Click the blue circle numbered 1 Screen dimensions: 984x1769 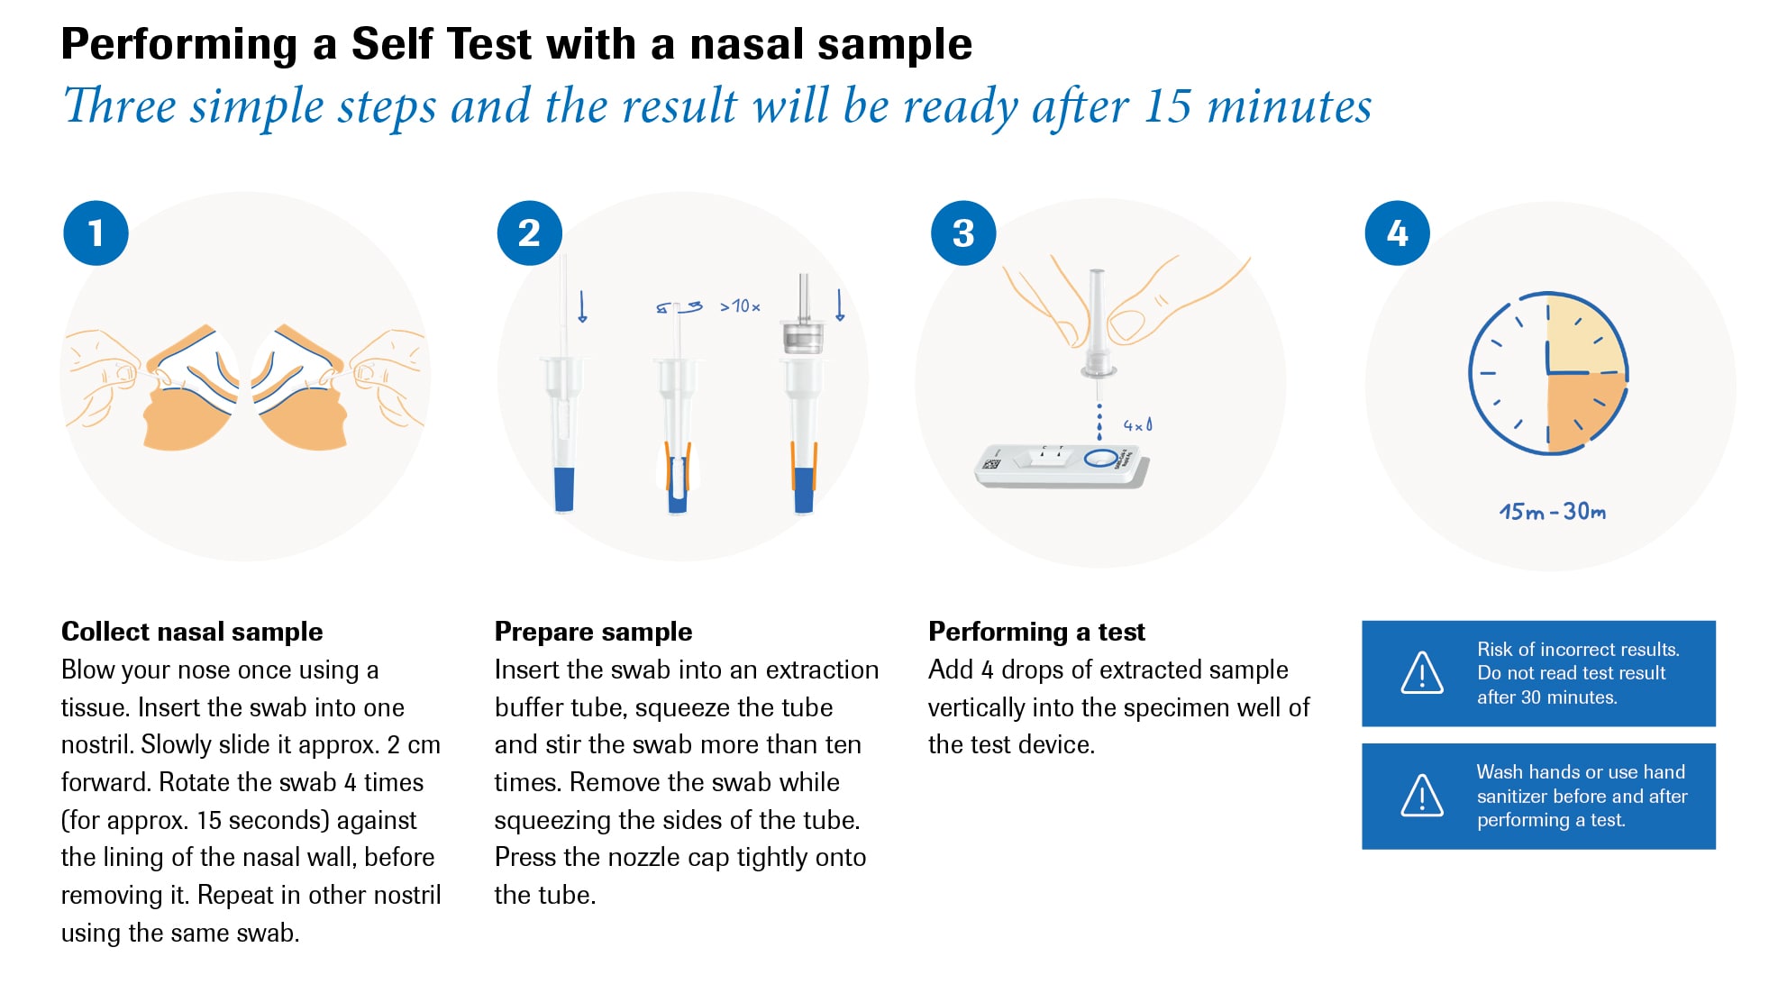coord(96,233)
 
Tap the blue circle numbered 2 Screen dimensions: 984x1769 coord(529,233)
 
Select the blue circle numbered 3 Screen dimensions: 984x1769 coord(963,233)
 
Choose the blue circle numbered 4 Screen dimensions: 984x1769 coord(1397,233)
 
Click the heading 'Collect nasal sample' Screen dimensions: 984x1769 coord(191,632)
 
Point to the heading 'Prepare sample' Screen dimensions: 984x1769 coord(593,632)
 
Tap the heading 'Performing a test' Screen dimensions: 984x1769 coord(1036,632)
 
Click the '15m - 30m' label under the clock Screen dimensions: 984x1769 coord(1552,512)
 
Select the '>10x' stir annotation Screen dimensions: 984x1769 coord(740,306)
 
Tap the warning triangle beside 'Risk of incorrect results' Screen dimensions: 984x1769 coord(1422,673)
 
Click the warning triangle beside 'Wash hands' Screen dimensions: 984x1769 coord(1422,796)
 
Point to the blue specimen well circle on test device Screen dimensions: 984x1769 coord(1100,458)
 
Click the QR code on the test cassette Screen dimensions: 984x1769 coord(991,464)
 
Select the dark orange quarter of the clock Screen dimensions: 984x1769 coord(1583,410)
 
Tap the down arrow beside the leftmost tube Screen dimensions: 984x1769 coord(582,306)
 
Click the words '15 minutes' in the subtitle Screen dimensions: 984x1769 coord(1257,106)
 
